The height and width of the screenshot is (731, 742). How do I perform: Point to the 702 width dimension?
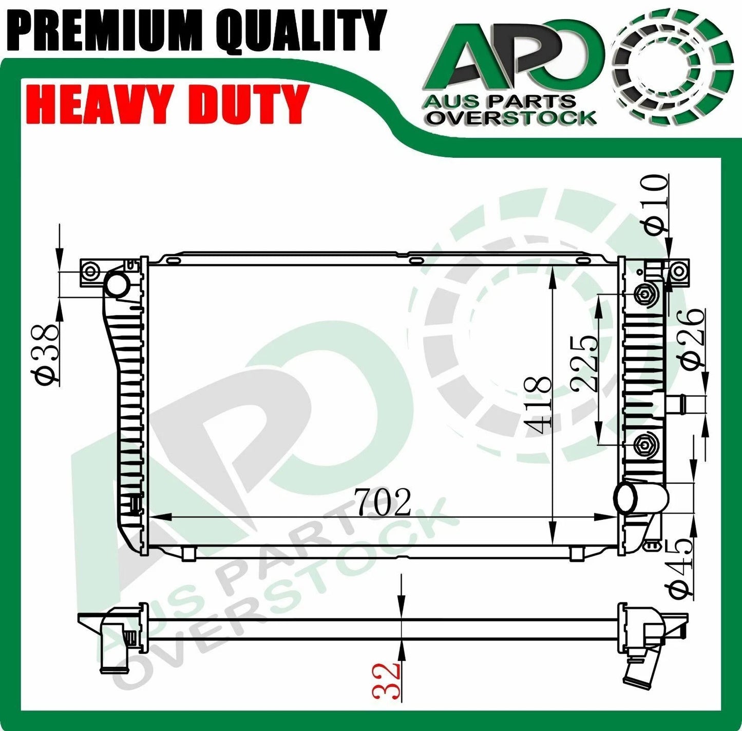coord(383,503)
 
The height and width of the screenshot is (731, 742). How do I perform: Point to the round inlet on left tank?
coord(117,284)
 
